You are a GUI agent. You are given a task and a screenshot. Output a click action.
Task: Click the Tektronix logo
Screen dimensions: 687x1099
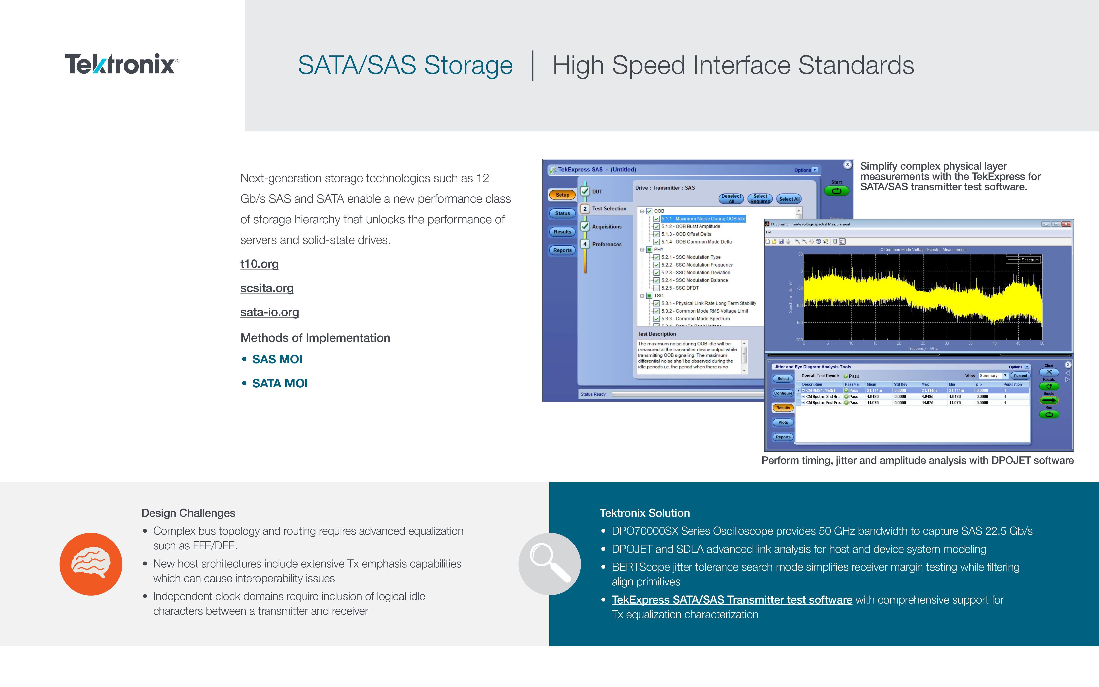tap(122, 64)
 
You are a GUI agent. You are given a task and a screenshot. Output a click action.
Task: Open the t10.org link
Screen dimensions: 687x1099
tap(259, 264)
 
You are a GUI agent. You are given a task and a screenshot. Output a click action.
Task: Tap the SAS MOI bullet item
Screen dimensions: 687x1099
tap(277, 359)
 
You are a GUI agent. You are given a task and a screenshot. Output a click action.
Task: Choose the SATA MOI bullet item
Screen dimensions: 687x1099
tap(280, 383)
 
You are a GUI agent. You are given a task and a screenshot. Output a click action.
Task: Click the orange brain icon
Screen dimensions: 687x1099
tap(91, 564)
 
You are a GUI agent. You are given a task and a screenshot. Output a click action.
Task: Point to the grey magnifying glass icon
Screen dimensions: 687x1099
tap(549, 564)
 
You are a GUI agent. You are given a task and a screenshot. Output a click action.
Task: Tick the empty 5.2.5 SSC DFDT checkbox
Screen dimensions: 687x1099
tap(656, 288)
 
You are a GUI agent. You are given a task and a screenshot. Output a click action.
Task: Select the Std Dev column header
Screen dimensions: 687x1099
tap(900, 384)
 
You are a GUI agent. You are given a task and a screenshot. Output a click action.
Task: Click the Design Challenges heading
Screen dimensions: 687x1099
tap(188, 513)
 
